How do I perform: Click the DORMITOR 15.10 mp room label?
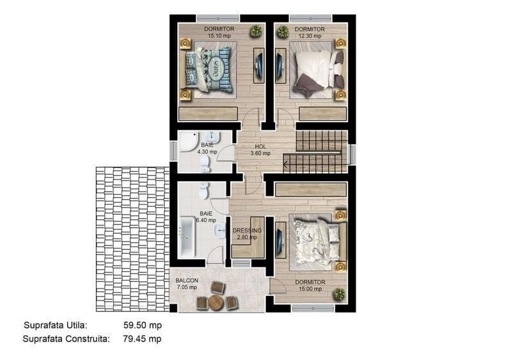coord(219,33)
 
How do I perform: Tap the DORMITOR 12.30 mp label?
coord(310,33)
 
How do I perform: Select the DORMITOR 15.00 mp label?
coord(310,285)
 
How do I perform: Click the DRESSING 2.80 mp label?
coord(246,234)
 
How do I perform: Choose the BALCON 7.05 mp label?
coord(187,284)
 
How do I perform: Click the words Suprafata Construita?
coord(65,339)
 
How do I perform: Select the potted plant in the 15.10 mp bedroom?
coord(256,31)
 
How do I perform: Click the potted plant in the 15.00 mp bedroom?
coord(338,293)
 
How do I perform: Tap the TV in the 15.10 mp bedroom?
coord(258,65)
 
